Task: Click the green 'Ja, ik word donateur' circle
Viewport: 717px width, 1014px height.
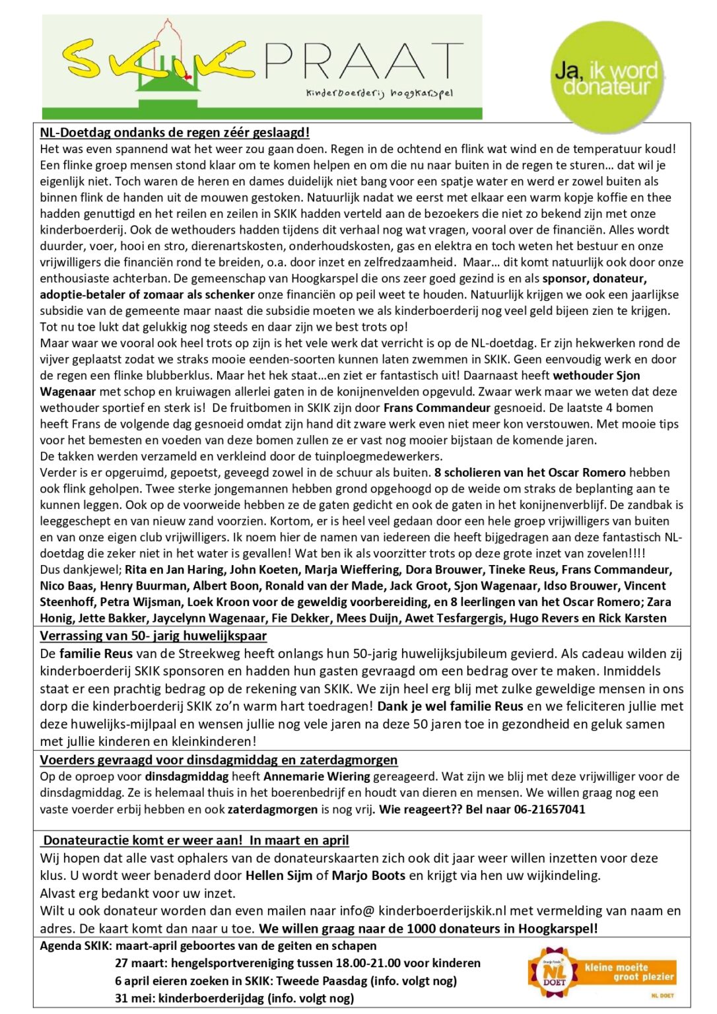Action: point(606,77)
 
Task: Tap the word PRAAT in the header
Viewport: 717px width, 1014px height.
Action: point(364,61)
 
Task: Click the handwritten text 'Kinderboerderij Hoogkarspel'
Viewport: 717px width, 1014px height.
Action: point(379,93)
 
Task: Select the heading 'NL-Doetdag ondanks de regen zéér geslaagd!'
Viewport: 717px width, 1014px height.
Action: point(175,133)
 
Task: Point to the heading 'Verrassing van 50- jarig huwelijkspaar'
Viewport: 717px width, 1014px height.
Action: point(153,636)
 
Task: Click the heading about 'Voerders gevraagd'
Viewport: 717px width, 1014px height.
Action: point(219,760)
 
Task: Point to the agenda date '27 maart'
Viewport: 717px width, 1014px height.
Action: point(137,963)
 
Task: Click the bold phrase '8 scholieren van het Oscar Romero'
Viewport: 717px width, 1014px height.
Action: point(529,473)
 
